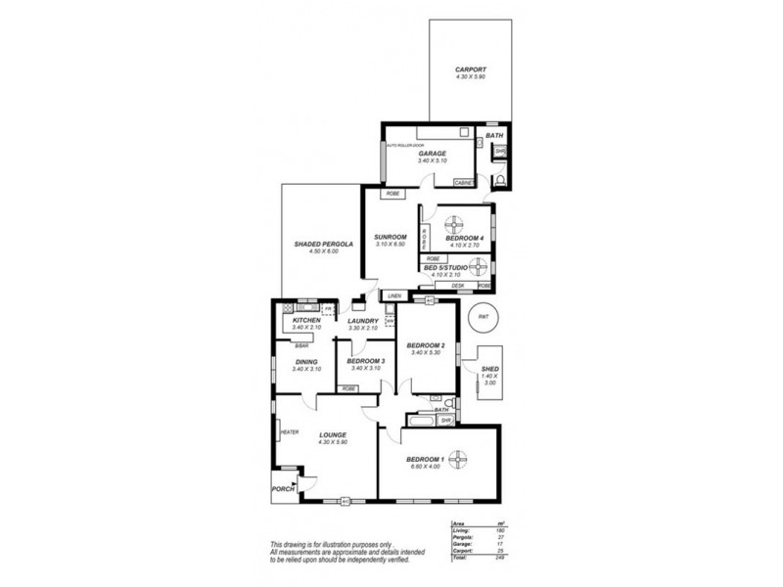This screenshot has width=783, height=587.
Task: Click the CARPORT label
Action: pos(471,69)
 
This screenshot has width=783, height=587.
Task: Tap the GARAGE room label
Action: pos(433,154)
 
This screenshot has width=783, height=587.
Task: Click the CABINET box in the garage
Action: pos(464,182)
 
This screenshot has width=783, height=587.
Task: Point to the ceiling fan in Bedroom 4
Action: pos(457,222)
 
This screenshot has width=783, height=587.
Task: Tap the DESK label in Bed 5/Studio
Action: pos(457,286)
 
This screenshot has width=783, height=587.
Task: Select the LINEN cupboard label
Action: pos(393,294)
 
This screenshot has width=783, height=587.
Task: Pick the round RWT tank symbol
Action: pos(483,316)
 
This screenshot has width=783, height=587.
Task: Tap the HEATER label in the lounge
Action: pos(289,432)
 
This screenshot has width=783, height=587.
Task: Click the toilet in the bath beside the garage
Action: pos(499,181)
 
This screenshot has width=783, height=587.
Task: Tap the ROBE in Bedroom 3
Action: pos(348,387)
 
